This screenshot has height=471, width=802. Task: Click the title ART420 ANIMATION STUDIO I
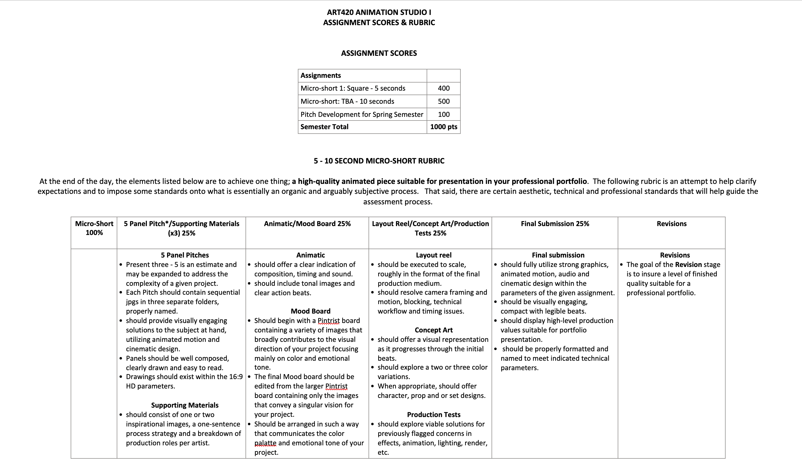click(x=379, y=12)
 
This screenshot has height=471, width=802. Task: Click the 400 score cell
click(x=443, y=88)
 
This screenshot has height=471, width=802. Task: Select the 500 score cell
click(x=443, y=101)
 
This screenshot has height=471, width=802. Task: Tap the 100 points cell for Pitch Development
click(x=443, y=114)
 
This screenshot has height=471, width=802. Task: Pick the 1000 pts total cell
click(x=443, y=127)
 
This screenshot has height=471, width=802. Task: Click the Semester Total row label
click(x=324, y=127)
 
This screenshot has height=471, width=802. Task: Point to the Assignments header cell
click(x=320, y=75)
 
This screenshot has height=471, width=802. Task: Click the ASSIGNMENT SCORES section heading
click(x=379, y=53)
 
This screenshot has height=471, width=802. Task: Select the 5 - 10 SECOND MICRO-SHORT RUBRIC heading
click(x=379, y=161)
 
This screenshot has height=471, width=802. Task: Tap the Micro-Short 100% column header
click(x=94, y=228)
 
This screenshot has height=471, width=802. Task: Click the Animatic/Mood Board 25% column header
click(x=307, y=224)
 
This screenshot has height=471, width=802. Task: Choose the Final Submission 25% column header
click(x=555, y=224)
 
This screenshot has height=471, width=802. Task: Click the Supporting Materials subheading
click(x=185, y=405)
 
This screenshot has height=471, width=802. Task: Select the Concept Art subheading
click(x=433, y=330)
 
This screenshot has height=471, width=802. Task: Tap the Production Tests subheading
click(x=433, y=415)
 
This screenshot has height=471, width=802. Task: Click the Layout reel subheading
click(x=433, y=255)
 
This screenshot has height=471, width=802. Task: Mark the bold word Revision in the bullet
click(x=688, y=265)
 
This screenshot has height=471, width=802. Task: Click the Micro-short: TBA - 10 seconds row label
click(x=347, y=101)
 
